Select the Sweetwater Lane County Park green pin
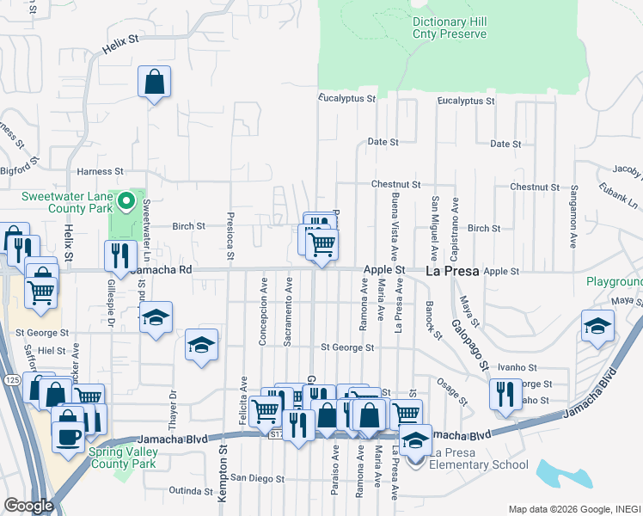(x=126, y=203)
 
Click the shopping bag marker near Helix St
(x=154, y=83)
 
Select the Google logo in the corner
(x=28, y=506)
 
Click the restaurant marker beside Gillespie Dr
(x=120, y=255)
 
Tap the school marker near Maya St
(x=597, y=325)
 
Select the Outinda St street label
(x=190, y=491)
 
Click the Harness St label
(x=101, y=172)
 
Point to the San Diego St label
(x=256, y=477)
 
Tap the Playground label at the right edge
(x=614, y=282)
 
